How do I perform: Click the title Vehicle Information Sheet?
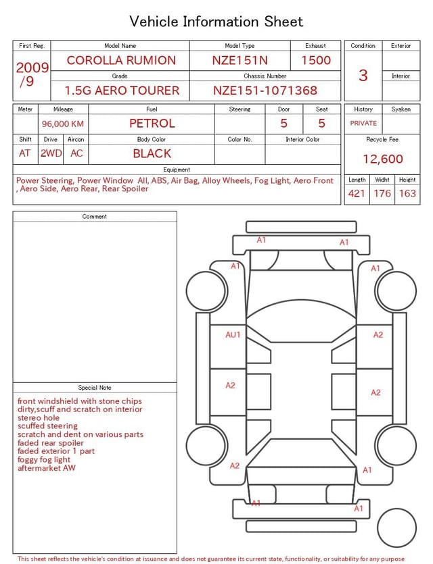216,22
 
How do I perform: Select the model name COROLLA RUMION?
121,60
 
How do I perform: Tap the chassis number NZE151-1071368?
265,91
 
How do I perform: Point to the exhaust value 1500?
316,60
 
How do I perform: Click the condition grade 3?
363,75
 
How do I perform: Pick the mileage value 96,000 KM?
63,124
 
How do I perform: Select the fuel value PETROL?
152,124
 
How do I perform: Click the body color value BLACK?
152,153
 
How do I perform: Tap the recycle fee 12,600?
383,159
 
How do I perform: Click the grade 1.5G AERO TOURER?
122,91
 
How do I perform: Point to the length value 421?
357,194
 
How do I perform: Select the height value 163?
407,194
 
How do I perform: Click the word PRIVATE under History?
363,124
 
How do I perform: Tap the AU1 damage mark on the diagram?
233,334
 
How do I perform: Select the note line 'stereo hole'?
39,418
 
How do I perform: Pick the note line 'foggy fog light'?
44,460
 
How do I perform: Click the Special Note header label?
95,388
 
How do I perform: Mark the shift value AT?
25,153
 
